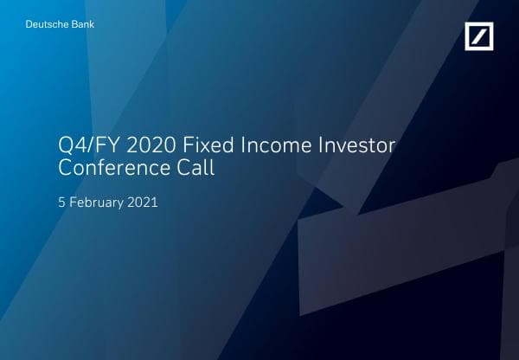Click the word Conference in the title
coord(110,169)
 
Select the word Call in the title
coord(195,169)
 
